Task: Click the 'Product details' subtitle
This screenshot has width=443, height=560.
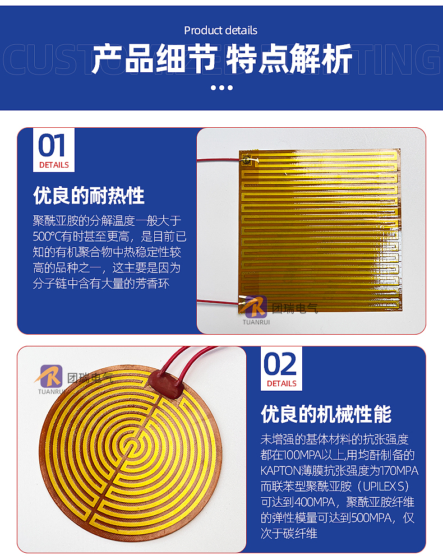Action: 220,30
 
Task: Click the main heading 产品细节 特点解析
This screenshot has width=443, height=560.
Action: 221,59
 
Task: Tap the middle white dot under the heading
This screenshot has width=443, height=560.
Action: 221,87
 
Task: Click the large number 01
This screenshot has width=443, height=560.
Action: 52,145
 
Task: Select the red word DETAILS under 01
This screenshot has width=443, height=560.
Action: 54,165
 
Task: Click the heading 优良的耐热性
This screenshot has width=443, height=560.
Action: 89,196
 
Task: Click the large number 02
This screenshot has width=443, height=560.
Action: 280,364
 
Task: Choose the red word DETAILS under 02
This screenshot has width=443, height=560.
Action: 282,383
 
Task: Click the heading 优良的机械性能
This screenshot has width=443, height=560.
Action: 326,414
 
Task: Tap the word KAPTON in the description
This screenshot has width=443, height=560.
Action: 281,471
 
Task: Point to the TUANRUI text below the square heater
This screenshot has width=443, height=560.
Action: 256,322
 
